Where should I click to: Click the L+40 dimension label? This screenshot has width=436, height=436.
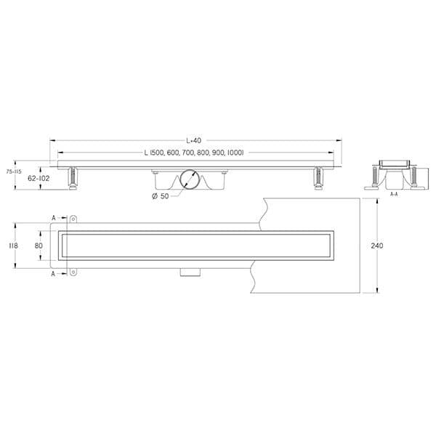193,140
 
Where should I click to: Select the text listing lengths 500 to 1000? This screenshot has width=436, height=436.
193,153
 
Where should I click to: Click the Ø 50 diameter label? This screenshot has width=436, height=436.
161,197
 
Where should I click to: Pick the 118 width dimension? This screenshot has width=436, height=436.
12,246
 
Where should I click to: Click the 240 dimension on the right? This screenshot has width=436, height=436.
376,246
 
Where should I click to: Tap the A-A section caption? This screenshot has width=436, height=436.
393,194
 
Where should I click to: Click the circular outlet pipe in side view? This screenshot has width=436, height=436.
191,179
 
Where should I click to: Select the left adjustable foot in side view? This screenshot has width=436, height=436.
73,177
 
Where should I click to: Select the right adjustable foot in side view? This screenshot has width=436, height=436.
317,177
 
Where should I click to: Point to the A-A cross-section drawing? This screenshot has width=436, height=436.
393,173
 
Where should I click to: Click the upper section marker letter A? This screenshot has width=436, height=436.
54,217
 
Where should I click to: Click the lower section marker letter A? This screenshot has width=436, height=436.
54,274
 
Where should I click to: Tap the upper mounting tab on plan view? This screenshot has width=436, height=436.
73,218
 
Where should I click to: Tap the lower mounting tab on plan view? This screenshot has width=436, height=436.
73,273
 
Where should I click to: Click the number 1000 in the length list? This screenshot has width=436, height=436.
233,153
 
